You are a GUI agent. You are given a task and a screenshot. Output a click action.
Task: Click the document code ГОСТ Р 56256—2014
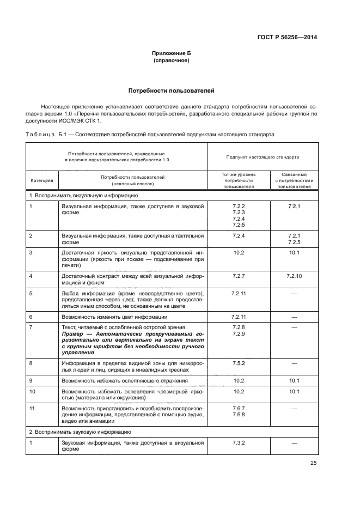[287, 37]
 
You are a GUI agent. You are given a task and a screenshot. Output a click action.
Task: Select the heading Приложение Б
[172, 53]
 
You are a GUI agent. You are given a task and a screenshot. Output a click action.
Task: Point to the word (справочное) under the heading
[172, 60]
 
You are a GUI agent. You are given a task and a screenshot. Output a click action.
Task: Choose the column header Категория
[41, 180]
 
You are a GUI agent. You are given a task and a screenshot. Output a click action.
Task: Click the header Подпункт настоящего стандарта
[263, 157]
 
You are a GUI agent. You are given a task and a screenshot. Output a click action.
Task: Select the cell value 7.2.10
[294, 276]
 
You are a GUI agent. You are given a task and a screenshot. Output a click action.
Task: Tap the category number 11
[32, 408]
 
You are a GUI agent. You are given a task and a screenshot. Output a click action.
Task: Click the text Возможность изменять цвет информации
[114, 317]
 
